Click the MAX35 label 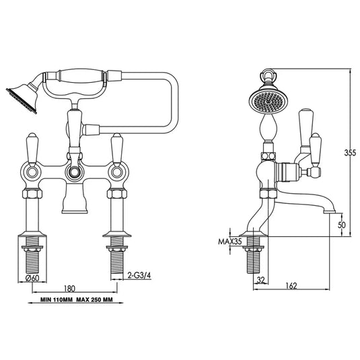coord(229,242)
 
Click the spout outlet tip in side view coord(330,210)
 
